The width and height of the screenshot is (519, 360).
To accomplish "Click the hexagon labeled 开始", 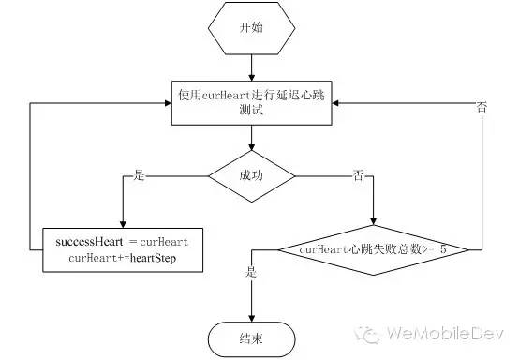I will coord(251,27).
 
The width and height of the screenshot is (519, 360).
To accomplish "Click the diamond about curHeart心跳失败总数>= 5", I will coord(378,250).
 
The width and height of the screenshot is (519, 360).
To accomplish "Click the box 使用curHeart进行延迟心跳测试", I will coord(251,100).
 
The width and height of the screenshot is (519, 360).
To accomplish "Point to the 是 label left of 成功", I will coord(141,174).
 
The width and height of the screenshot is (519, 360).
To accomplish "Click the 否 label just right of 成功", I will coord(358,174).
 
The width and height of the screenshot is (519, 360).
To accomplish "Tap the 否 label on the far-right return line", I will coord(482,109).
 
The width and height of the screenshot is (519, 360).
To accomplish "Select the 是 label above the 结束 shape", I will coord(250,272).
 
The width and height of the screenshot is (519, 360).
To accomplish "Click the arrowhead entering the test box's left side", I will coord(169,101).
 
